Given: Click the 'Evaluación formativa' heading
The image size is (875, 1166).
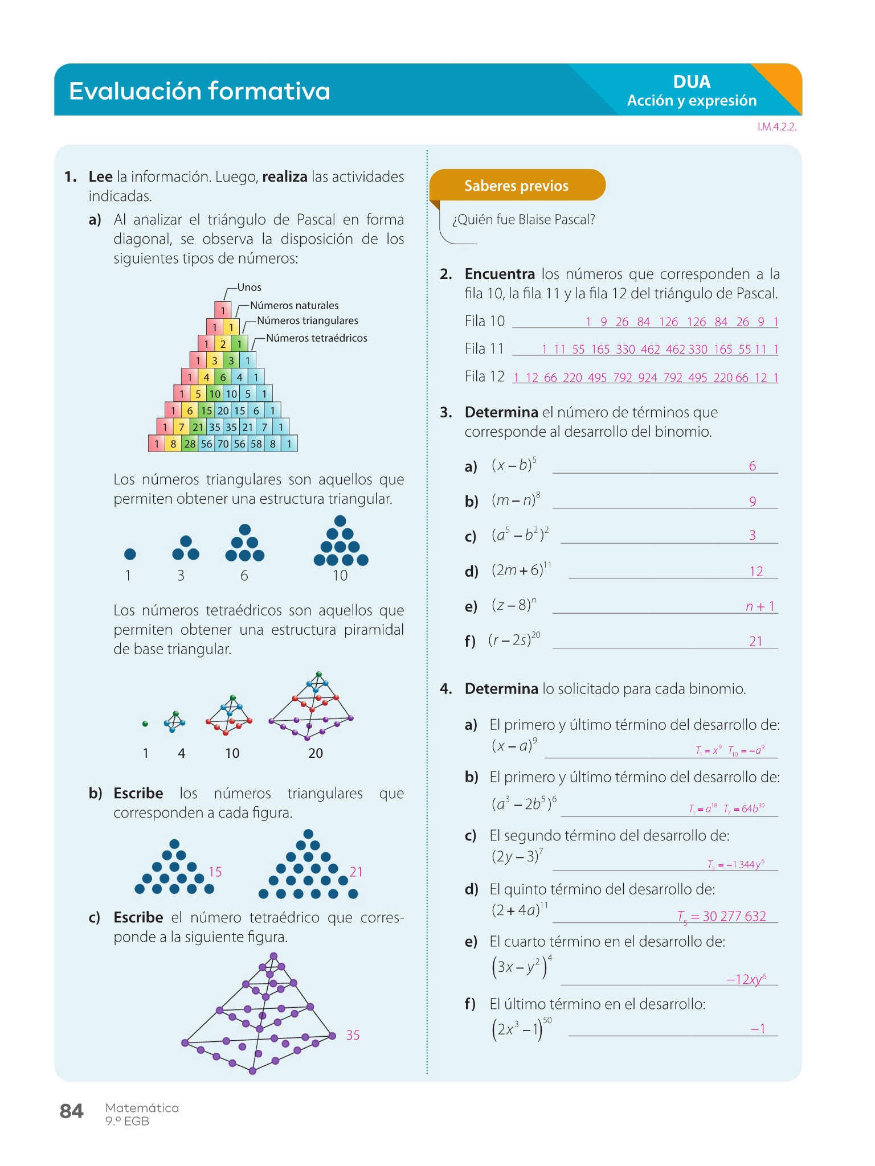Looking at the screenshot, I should click(199, 91).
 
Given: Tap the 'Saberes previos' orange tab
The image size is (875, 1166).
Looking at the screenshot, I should click(516, 186).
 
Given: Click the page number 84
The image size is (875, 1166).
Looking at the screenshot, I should click(72, 1111).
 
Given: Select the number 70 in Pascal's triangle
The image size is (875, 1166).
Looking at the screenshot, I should click(223, 444).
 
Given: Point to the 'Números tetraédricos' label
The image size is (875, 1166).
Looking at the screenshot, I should click(316, 338).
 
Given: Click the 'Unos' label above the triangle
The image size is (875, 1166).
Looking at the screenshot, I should click(249, 288).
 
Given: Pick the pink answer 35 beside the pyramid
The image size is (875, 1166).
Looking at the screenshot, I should click(353, 1035).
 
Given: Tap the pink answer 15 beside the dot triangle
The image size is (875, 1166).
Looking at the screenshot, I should click(215, 872).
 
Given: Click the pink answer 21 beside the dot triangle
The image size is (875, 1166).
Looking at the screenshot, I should click(356, 872).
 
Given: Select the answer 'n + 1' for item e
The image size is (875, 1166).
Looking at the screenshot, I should click(760, 606).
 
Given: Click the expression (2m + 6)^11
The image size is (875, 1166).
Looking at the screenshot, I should click(521, 569).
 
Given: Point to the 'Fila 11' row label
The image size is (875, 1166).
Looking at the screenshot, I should click(484, 348).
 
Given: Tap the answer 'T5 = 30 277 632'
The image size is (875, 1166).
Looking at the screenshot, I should click(722, 916).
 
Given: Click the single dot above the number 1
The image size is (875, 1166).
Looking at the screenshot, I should click(130, 554).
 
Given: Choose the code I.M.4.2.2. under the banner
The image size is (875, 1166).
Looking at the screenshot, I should click(776, 127).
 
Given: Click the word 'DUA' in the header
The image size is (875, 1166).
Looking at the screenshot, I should click(692, 82).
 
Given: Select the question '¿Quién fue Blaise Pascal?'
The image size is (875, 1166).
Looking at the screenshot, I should click(524, 220).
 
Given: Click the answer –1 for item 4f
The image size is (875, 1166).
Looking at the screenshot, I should click(758, 1028).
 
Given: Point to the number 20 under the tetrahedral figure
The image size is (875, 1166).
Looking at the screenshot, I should click(316, 753).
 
